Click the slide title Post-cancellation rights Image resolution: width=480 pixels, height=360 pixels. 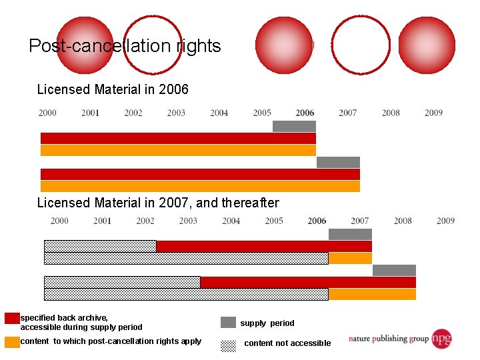(x=125, y=46)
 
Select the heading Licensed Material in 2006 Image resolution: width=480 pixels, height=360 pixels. (x=113, y=89)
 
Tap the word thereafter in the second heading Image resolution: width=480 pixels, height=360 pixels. (x=250, y=203)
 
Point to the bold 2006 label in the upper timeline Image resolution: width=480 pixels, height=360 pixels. (x=305, y=113)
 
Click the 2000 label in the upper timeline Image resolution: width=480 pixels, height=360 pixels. (x=47, y=113)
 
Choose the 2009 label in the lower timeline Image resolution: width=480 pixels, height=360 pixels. (x=445, y=221)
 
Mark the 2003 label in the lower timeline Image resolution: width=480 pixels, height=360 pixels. (x=188, y=221)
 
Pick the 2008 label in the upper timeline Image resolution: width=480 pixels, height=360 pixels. (x=391, y=113)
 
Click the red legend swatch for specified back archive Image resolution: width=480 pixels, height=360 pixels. (x=12, y=319)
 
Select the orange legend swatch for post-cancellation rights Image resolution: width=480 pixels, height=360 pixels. (x=12, y=342)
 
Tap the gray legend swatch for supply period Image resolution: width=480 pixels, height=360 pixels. (x=228, y=323)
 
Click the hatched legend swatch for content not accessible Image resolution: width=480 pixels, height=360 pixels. (x=228, y=345)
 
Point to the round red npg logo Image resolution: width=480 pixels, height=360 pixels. (x=441, y=339)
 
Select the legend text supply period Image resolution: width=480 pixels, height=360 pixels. (x=267, y=323)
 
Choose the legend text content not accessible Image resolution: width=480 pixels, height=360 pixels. (x=287, y=343)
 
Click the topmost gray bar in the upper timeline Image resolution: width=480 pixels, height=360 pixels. (x=294, y=126)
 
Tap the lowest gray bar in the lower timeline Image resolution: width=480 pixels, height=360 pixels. (x=394, y=270)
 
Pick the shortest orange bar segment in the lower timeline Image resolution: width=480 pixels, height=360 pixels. (x=350, y=258)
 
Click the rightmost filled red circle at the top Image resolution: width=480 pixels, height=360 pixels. (x=426, y=45)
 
